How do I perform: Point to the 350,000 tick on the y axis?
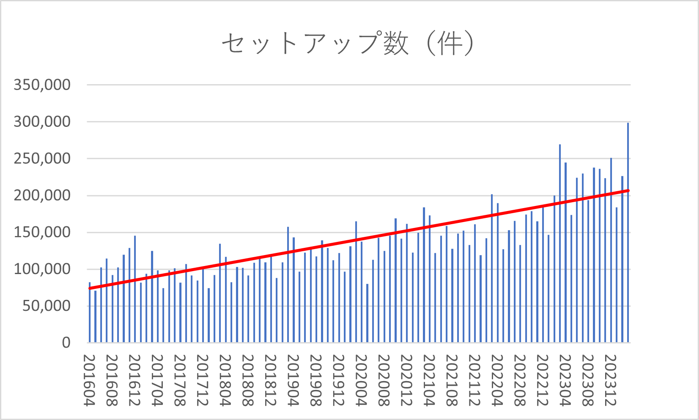point(42,85)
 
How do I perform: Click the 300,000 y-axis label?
point(42,121)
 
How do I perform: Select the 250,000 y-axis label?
point(42,159)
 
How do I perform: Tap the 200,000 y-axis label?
point(42,195)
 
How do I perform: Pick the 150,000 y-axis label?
point(42,232)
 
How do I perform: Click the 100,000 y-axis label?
point(42,269)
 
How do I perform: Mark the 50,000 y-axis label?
point(46,306)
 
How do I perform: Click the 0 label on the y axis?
point(66,343)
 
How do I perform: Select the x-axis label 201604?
point(89,380)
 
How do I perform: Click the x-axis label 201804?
point(225,380)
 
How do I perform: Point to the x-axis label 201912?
point(338,380)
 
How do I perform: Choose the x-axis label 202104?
point(429,380)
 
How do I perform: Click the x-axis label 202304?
point(565,380)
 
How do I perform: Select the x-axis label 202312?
point(611,380)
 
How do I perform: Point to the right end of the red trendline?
point(628,191)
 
